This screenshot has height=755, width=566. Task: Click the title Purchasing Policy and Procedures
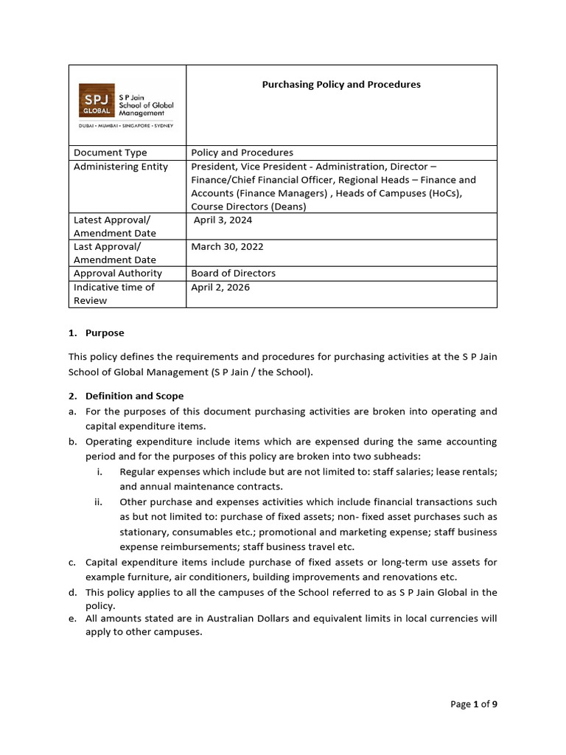point(341,85)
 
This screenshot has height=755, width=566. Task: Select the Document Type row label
point(111,153)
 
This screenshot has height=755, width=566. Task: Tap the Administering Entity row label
point(121,167)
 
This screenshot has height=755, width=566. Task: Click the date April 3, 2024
point(222,220)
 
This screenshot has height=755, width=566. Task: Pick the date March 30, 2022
point(227,247)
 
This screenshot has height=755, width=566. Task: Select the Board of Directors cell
point(233,274)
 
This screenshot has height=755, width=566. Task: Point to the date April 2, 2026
point(220,288)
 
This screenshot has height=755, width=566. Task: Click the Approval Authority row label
point(118,274)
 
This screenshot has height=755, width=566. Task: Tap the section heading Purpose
point(105,333)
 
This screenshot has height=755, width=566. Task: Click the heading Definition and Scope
point(134,396)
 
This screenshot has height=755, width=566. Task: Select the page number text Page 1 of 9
point(474,704)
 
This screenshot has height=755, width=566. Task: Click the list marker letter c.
point(72,563)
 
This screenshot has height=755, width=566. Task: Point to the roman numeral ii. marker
point(97,502)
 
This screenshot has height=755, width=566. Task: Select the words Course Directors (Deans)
point(248,206)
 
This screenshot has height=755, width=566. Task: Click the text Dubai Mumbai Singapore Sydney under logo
point(126,126)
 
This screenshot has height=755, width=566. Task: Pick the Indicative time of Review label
point(114,293)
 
